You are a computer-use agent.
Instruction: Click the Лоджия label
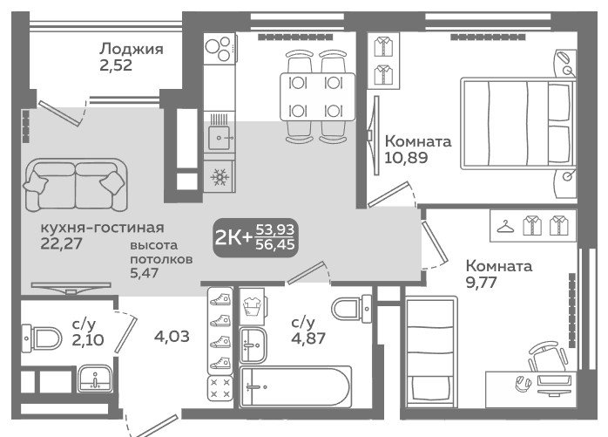[132, 50]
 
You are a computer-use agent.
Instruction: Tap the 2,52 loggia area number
[116, 65]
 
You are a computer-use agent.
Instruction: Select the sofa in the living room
[76, 185]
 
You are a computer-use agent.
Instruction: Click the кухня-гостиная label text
[103, 228]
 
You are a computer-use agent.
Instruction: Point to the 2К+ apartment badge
[256, 237]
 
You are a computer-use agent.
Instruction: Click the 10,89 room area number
[407, 158]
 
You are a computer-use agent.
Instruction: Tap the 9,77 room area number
[481, 283]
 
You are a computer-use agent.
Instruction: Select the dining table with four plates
[318, 97]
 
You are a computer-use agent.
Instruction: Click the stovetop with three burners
[220, 49]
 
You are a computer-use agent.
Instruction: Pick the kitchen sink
[220, 138]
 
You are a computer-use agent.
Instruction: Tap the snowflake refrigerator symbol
[220, 177]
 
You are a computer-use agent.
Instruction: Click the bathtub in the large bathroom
[296, 387]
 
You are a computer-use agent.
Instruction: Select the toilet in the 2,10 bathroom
[42, 339]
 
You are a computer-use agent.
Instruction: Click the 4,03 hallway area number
[172, 337]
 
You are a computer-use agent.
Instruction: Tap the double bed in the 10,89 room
[518, 124]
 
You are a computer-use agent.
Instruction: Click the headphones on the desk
[523, 383]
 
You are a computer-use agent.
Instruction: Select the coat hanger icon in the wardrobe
[505, 226]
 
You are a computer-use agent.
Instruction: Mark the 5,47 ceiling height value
[144, 273]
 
